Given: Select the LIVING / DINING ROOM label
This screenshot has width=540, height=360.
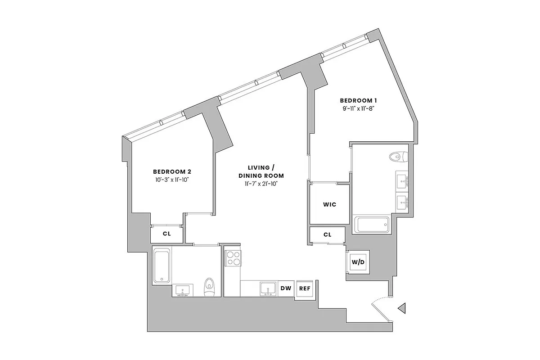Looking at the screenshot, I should (261, 171).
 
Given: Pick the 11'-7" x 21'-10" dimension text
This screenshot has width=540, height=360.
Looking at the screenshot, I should (261, 184).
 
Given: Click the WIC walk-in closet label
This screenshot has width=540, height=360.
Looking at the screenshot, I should (330, 204).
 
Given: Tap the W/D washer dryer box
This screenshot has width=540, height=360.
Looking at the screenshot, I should (358, 261).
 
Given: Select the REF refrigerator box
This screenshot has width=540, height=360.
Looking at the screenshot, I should (305, 289).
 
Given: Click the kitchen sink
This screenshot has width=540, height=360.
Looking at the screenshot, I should (268, 289).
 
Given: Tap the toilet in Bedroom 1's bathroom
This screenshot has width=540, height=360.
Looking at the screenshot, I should (399, 157).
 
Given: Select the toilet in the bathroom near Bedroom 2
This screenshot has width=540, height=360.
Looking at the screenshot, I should (209, 286).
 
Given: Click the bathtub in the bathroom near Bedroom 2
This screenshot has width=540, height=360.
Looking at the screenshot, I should (162, 266).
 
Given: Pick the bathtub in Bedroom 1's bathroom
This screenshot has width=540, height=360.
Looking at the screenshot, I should (372, 225).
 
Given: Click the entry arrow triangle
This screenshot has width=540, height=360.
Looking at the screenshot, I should (402, 308).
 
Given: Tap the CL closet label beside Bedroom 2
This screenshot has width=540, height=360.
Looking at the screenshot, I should (167, 234).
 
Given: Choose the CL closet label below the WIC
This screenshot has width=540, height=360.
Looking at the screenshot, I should (327, 234).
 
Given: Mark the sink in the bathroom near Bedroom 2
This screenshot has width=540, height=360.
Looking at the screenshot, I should (183, 290).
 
